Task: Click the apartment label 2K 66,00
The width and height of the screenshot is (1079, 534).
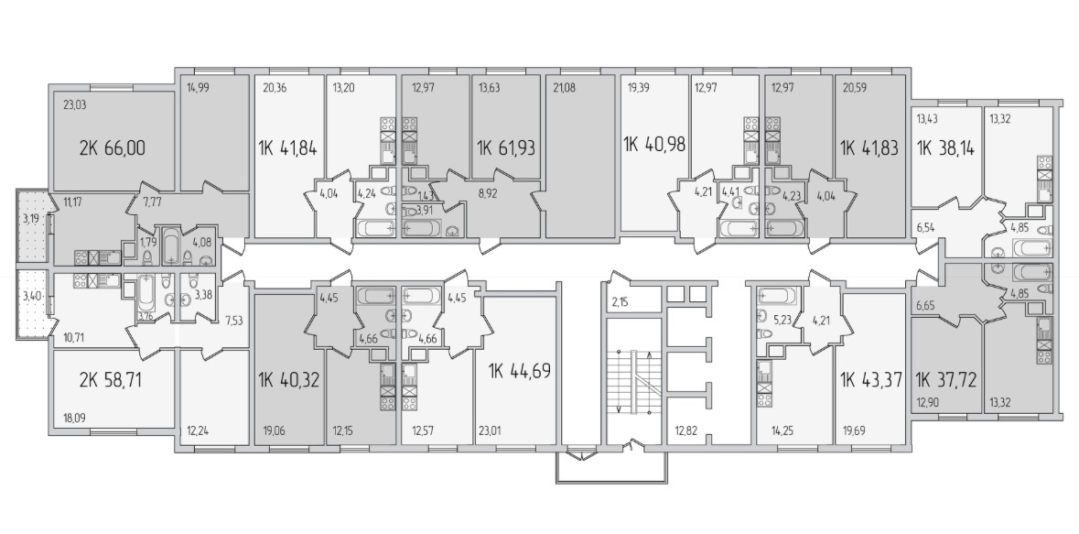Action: click(113, 147)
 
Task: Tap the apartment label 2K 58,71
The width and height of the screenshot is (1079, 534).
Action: click(110, 379)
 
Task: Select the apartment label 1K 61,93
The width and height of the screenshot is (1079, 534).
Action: click(506, 147)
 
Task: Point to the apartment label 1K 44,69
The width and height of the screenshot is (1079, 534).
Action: click(520, 371)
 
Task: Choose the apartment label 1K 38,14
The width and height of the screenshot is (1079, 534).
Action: click(944, 147)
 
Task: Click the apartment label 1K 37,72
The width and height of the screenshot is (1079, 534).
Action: click(946, 379)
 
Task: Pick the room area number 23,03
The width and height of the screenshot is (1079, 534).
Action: click(75, 105)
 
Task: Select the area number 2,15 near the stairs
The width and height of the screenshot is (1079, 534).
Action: click(620, 302)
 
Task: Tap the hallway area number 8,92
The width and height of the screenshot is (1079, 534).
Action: click(487, 193)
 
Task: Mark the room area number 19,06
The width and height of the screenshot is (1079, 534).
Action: click(273, 431)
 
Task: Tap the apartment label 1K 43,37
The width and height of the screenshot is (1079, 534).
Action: click(871, 379)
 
